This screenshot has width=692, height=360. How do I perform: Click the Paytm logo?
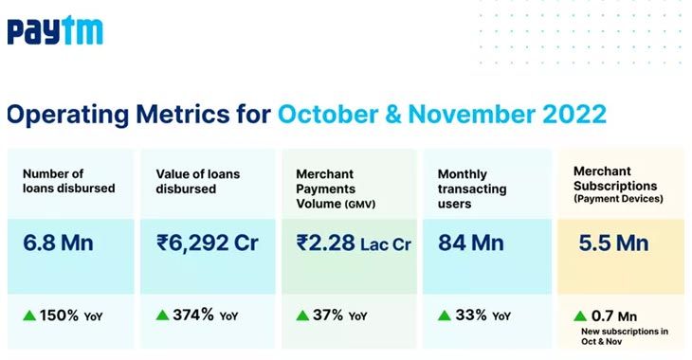pos(54,31)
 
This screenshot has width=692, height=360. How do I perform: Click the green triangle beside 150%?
pos(29,315)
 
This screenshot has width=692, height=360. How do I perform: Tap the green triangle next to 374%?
pos(163,315)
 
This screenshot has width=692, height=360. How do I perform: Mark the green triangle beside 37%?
pos(302,315)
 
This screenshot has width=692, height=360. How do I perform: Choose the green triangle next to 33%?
pos(444,315)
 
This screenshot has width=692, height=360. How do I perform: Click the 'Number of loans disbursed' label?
pos(68,180)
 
